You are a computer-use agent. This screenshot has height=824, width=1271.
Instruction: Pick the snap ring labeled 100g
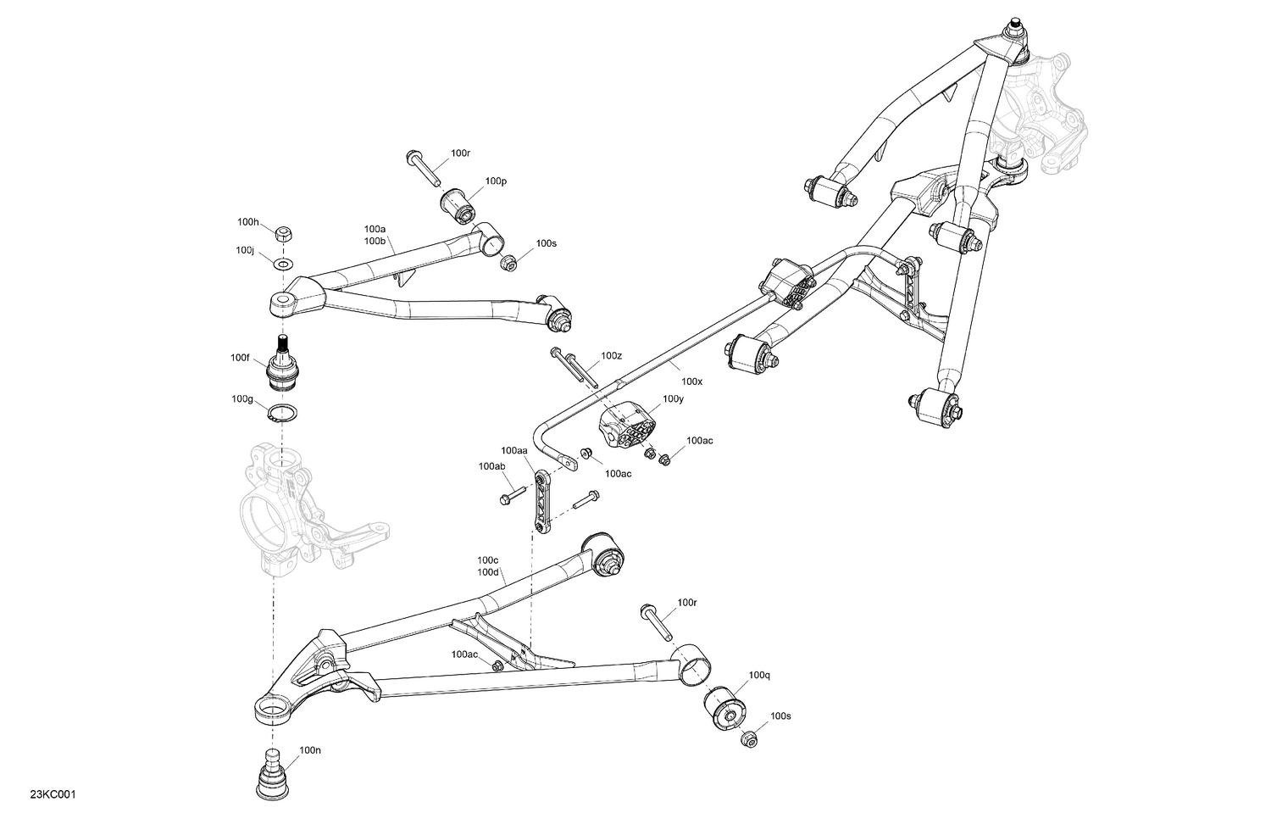[281, 415]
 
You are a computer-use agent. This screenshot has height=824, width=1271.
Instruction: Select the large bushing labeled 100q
[724, 706]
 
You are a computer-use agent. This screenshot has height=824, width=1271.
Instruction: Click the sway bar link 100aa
[540, 500]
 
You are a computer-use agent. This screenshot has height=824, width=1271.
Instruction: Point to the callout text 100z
[611, 356]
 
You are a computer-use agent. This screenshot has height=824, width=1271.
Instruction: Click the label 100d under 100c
[487, 572]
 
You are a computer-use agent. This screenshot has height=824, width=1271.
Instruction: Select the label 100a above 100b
[375, 229]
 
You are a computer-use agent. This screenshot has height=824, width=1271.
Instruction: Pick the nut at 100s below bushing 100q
[747, 738]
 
